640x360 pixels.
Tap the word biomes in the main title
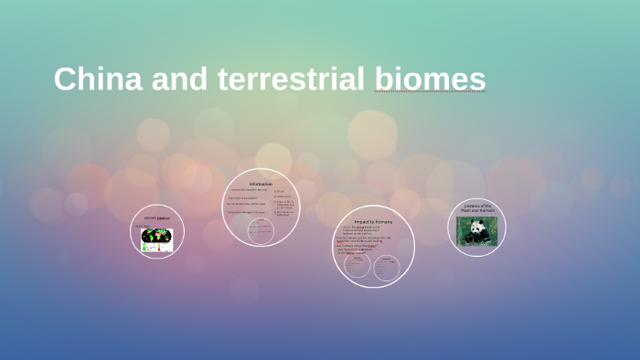coord(430,79)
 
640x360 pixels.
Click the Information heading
coord(260,185)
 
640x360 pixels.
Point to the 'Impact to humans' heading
coord(373,221)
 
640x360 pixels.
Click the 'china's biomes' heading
coord(157,218)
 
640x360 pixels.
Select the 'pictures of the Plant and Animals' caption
coord(477,207)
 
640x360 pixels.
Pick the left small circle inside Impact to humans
coord(357,266)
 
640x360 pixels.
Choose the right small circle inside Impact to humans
coord(387,268)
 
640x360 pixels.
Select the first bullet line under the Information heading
coord(249,191)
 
